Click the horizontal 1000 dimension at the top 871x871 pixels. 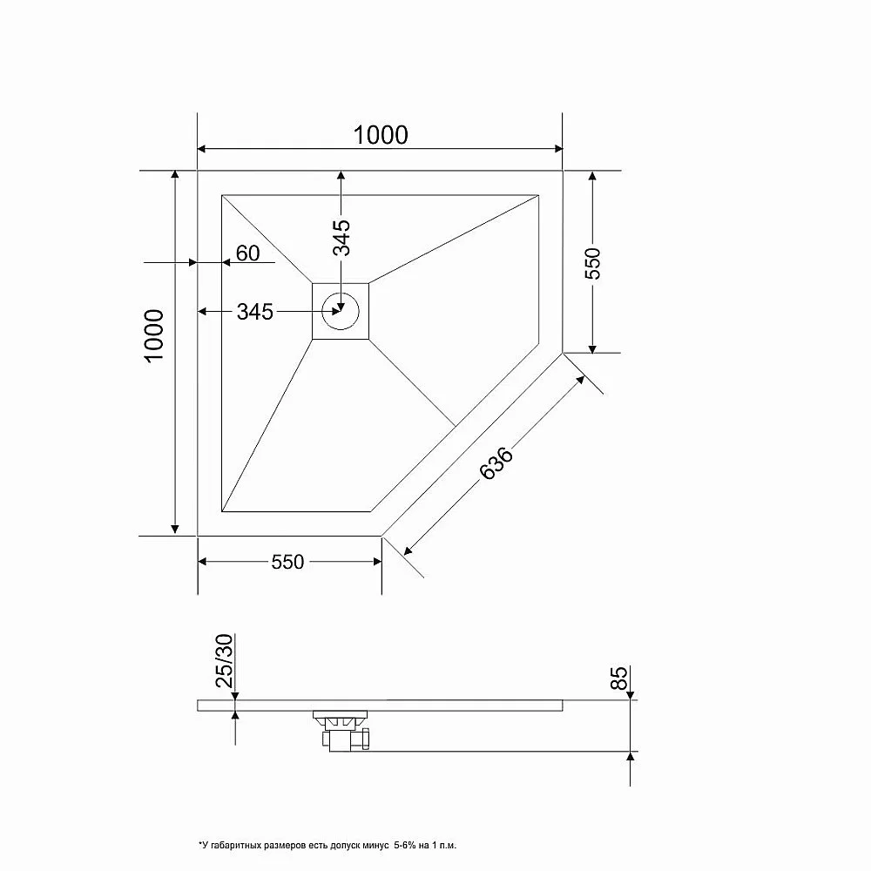381,135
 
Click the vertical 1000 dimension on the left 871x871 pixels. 154,335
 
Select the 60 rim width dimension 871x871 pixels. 247,253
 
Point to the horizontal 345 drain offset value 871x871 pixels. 255,312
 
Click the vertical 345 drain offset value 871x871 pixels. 341,237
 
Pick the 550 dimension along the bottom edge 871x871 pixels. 287,562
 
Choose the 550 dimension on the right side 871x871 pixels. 592,263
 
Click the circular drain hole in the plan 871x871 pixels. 341,311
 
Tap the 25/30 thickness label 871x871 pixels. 225,660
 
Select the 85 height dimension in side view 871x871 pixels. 618,679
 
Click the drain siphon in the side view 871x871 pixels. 341,731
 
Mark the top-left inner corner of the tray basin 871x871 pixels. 222,195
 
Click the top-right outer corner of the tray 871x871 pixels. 563,171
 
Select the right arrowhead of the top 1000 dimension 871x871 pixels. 558,149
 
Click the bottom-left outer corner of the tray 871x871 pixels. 198,536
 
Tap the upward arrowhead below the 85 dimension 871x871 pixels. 630,757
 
